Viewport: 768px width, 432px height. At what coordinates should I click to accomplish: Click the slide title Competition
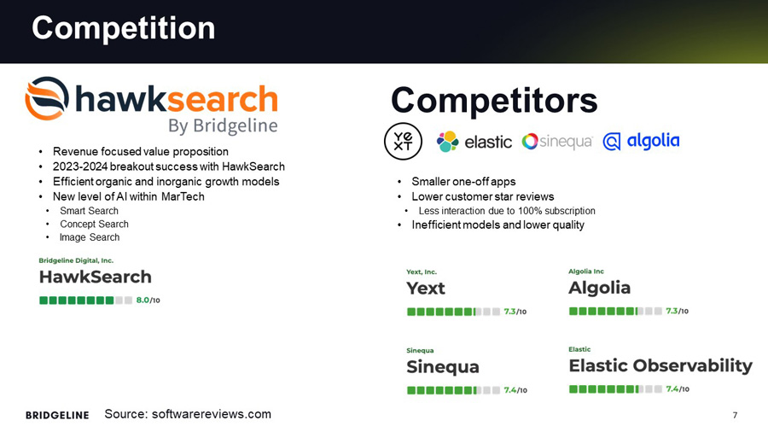[123, 28]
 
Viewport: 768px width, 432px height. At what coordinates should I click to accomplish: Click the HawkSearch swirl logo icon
[48, 99]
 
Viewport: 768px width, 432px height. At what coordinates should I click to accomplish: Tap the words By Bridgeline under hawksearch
[223, 126]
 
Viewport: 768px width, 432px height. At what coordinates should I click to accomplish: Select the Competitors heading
[494, 101]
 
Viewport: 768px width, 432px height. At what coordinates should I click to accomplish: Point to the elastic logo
[474, 142]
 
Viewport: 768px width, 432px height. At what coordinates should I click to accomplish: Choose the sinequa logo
[557, 142]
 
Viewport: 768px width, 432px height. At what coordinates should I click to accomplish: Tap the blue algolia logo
[641, 142]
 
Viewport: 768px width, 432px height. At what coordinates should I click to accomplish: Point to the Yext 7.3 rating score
[515, 312]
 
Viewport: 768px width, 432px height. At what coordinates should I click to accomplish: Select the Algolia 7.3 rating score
[677, 311]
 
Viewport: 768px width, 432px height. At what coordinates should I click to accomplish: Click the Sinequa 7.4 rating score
[515, 390]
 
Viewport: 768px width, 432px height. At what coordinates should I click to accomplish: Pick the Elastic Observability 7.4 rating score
[677, 389]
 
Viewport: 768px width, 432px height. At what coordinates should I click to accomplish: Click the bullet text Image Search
[90, 237]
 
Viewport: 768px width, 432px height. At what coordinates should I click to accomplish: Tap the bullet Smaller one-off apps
[463, 182]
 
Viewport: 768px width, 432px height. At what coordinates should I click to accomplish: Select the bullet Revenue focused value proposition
[141, 152]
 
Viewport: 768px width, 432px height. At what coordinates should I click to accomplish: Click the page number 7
[735, 415]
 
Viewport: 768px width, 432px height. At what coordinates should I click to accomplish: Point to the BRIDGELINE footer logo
[57, 415]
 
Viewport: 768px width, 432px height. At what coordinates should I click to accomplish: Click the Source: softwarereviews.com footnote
[188, 414]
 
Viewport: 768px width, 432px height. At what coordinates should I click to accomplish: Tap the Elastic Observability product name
[660, 365]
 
